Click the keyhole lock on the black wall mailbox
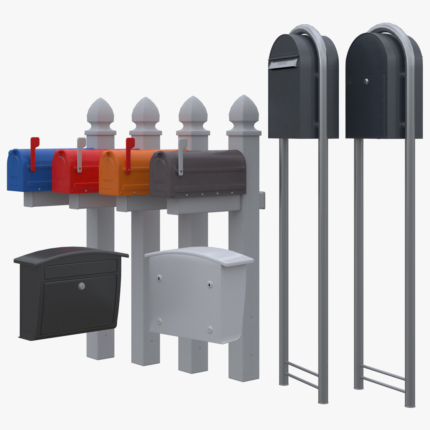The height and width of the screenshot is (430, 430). (x=82, y=286)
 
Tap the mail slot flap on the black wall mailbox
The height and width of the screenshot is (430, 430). (x=81, y=269)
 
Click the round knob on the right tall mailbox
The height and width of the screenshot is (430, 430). (x=366, y=81)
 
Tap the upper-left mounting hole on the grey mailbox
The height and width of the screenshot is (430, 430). (x=159, y=277)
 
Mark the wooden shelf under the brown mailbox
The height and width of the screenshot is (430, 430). (x=204, y=206)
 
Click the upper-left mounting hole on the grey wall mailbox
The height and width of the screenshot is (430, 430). (x=159, y=277)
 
